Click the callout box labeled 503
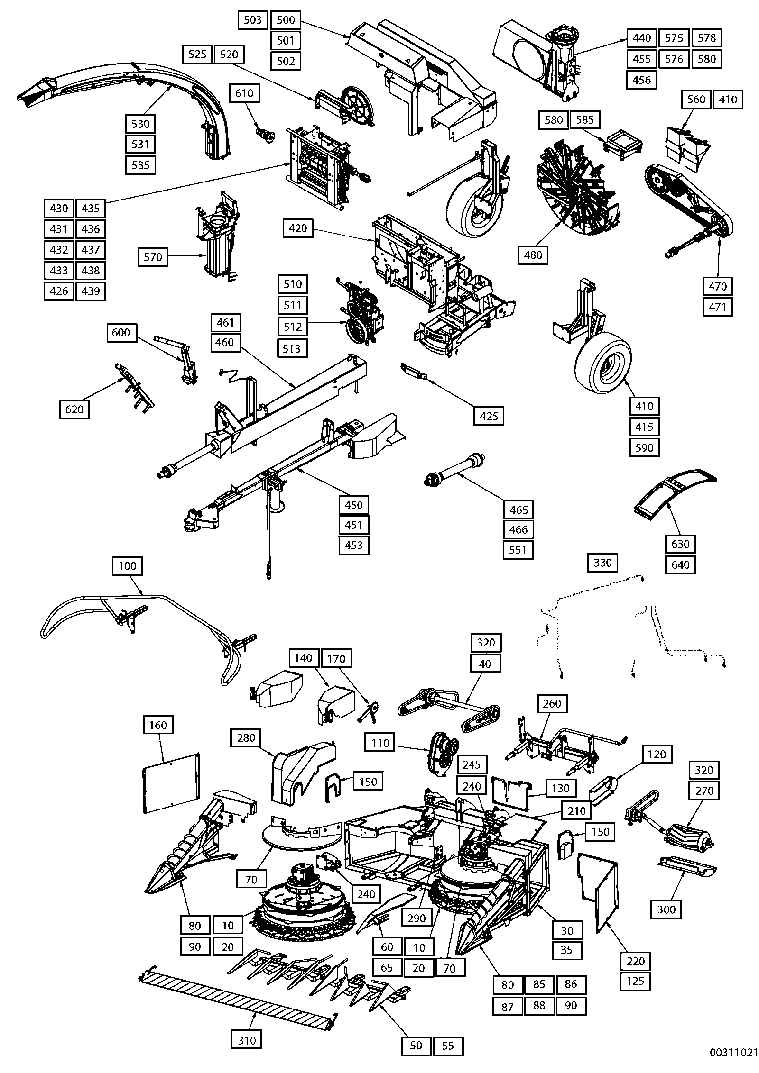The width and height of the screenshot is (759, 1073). [x=252, y=19]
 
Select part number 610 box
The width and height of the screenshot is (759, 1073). [x=244, y=93]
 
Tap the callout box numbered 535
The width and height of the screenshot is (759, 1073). [x=140, y=165]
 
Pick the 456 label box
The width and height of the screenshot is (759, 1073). [x=642, y=80]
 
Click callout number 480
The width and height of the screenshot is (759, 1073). [x=533, y=255]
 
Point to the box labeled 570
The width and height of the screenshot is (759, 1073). [x=153, y=257]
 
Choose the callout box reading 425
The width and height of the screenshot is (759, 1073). [x=489, y=416]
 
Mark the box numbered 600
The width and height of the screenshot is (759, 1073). [x=121, y=332]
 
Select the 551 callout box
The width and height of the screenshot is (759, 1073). [x=518, y=550]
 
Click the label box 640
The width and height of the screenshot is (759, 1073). [x=681, y=564]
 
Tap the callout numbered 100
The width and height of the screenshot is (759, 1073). [x=127, y=566]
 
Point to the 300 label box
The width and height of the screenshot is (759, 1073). [x=666, y=909]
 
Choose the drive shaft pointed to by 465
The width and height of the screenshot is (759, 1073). [x=455, y=471]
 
